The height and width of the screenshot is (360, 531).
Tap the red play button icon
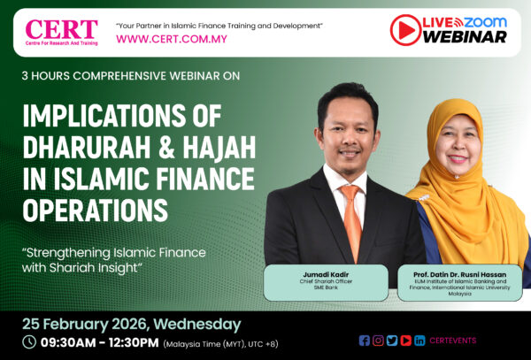pyautogui.click(x=405, y=29)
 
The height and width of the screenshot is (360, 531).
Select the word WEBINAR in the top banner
pyautogui.click(x=465, y=37)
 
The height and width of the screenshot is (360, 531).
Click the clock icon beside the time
pyautogui.click(x=29, y=341)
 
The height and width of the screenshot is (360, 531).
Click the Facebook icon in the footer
pyautogui.click(x=365, y=341)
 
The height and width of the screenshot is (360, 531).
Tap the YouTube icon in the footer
pyautogui.click(x=405, y=341)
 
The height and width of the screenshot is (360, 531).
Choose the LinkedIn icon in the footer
pyautogui.click(x=419, y=341)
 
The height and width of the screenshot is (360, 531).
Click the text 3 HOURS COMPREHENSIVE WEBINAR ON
pyautogui.click(x=130, y=76)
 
